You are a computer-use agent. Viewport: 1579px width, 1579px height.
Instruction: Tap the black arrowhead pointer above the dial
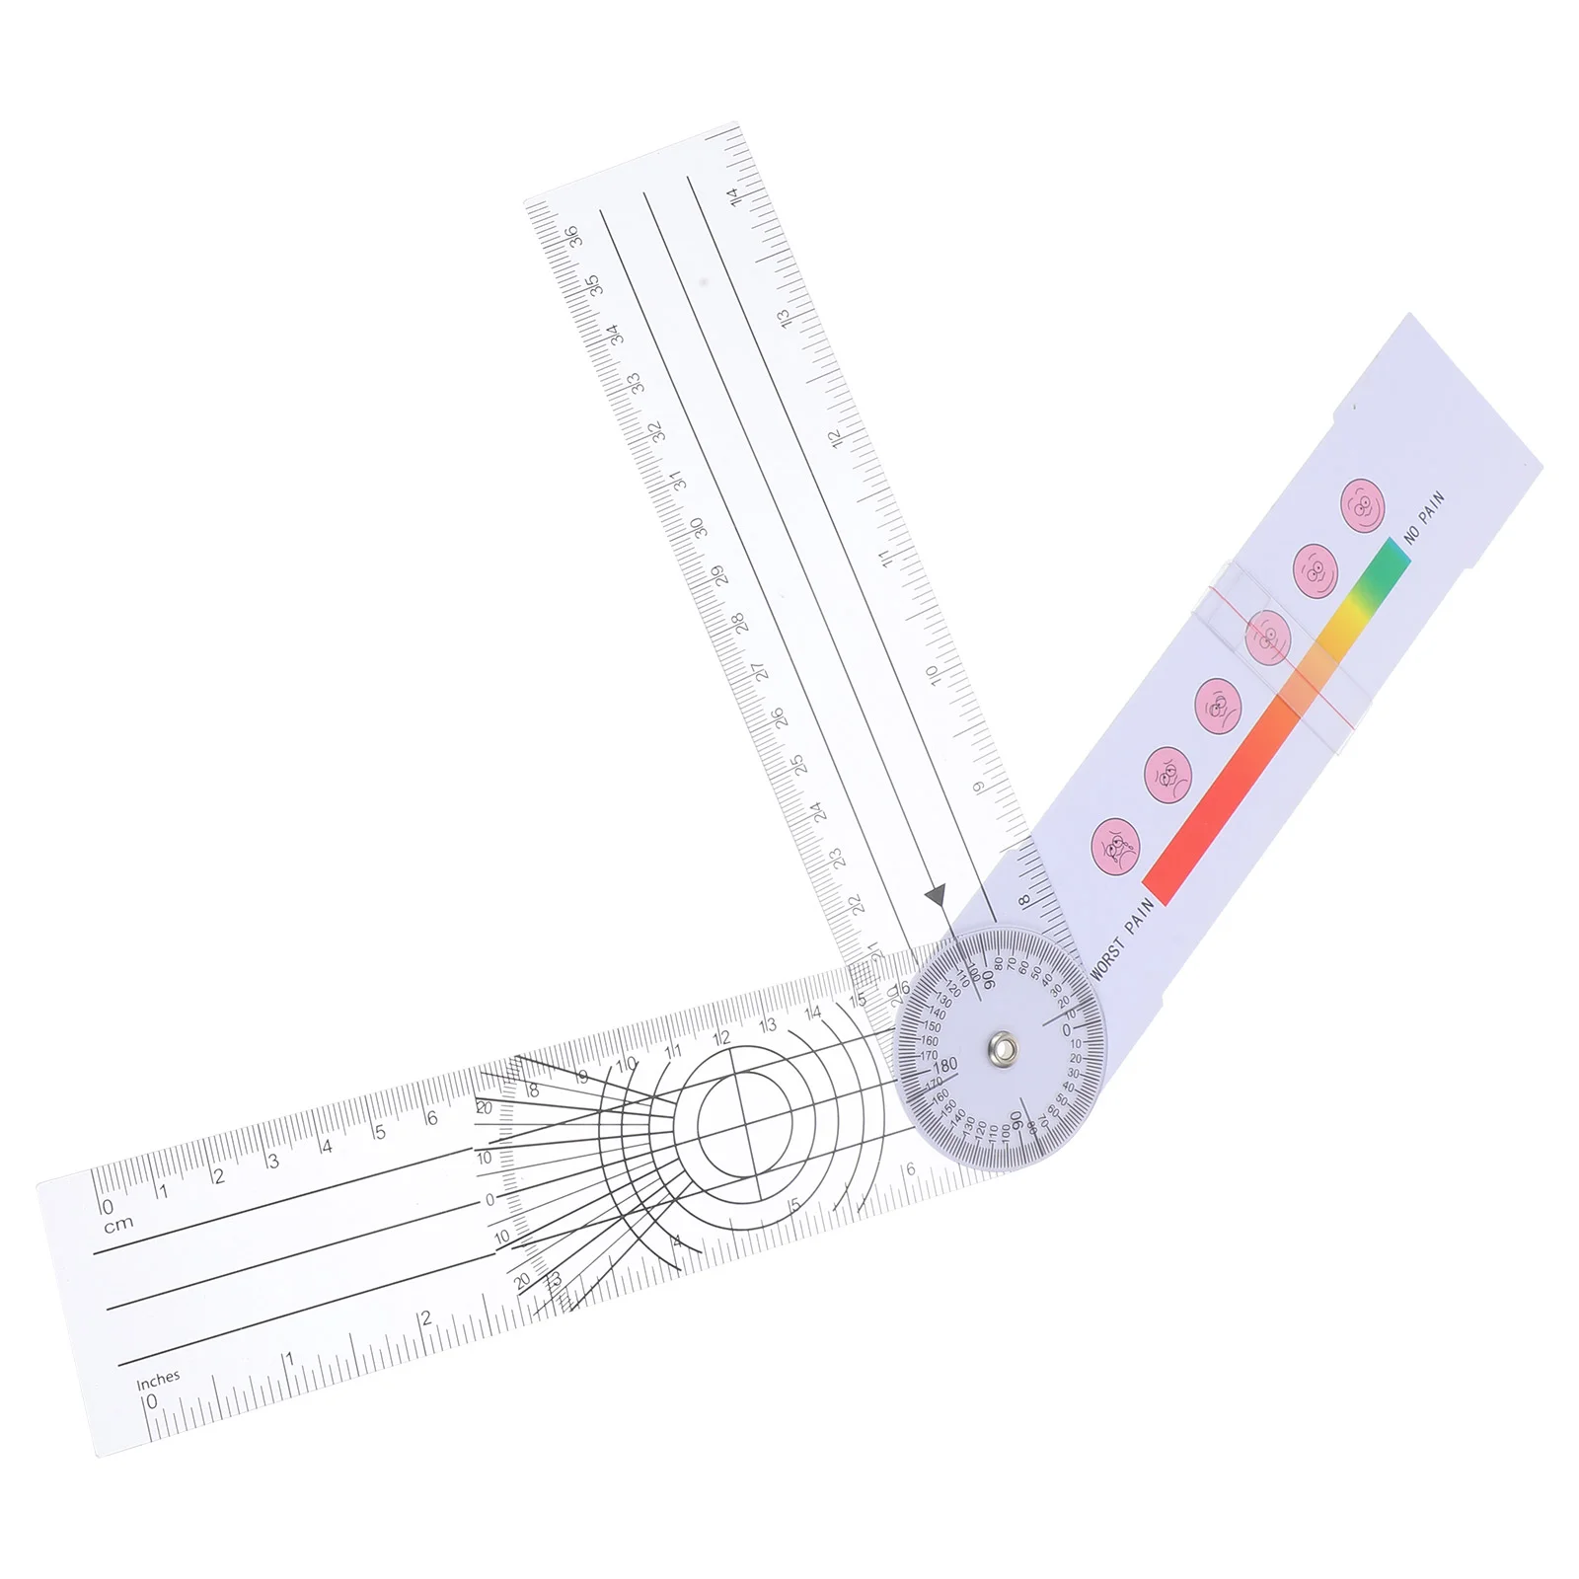[937, 896]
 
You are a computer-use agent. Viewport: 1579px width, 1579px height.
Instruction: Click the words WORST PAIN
[1123, 940]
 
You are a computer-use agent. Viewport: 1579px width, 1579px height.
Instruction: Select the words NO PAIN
[1425, 517]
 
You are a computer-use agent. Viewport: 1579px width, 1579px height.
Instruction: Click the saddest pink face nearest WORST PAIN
[1116, 846]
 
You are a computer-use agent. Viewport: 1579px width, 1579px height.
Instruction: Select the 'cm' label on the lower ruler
[118, 1225]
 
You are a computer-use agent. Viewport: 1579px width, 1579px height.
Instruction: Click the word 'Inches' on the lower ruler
[158, 1378]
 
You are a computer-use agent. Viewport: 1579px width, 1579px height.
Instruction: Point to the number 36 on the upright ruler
[571, 236]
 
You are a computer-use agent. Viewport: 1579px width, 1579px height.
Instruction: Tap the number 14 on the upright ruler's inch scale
[732, 196]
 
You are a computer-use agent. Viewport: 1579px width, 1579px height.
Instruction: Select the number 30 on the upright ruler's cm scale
[698, 528]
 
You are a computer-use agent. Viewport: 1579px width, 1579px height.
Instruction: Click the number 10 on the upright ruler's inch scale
[932, 676]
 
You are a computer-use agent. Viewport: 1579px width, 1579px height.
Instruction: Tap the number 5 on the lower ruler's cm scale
[380, 1133]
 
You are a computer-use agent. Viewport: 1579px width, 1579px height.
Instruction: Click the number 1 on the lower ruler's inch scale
[289, 1359]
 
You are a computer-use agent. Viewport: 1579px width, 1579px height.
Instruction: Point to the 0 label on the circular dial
[1066, 1030]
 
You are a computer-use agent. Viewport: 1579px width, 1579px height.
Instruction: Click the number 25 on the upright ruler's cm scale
[797, 764]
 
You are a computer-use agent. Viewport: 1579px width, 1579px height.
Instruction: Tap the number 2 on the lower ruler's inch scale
[425, 1318]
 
